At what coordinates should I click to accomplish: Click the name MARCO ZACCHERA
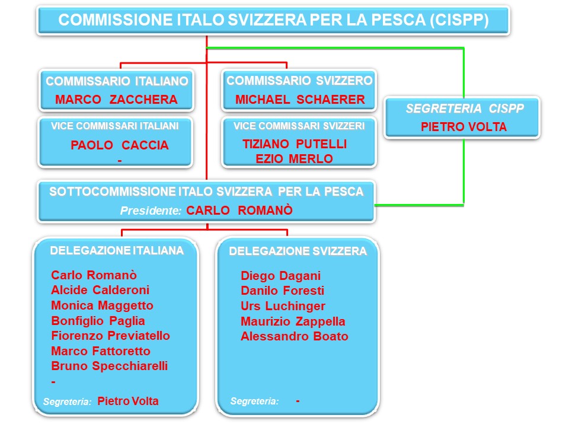click(x=116, y=99)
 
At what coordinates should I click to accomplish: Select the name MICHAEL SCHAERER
click(x=300, y=99)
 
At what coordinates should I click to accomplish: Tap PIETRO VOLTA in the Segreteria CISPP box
click(x=463, y=127)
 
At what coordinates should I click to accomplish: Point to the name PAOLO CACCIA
click(x=119, y=145)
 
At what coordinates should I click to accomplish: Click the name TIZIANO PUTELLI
click(x=295, y=144)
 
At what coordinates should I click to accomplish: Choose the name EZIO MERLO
click(x=294, y=159)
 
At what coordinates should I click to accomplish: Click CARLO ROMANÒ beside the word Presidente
click(x=239, y=210)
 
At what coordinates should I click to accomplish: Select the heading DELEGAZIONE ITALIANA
click(x=117, y=250)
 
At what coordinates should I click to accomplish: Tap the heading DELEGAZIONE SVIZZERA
click(x=298, y=251)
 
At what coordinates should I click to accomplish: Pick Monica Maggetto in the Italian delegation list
click(x=102, y=305)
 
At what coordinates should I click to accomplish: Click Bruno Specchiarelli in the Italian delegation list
click(x=109, y=366)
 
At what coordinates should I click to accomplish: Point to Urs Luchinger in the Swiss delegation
click(x=283, y=306)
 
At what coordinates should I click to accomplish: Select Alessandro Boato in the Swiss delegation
click(x=295, y=336)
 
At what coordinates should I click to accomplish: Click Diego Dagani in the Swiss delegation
click(x=280, y=276)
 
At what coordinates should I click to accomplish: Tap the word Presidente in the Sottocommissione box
click(x=151, y=211)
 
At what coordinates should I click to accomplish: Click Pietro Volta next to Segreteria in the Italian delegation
click(x=128, y=401)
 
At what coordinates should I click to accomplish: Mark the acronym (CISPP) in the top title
click(x=459, y=20)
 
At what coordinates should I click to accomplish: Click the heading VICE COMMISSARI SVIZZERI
click(x=299, y=126)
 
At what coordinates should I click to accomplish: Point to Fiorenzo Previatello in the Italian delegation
click(x=110, y=336)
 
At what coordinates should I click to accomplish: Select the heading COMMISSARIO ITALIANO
click(x=117, y=81)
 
